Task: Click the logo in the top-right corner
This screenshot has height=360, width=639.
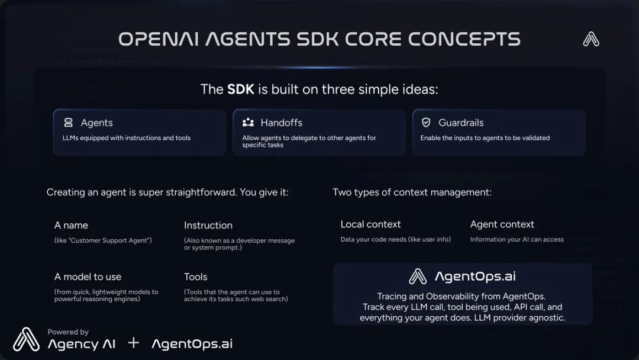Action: (591, 39)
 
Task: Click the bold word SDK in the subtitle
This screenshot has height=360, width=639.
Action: (240, 89)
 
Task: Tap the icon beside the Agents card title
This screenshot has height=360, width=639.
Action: (69, 123)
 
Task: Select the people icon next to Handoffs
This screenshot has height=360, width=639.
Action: (248, 123)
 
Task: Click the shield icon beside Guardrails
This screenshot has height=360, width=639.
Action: (426, 123)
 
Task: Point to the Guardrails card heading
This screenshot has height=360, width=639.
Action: (461, 123)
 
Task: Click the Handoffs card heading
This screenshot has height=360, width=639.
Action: (281, 123)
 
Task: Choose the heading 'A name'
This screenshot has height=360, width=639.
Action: (71, 226)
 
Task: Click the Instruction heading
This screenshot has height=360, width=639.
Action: (208, 226)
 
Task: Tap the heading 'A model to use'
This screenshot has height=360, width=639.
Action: (88, 277)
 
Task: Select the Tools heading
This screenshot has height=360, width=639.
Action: (196, 277)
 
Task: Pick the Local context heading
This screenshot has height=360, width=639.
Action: (370, 224)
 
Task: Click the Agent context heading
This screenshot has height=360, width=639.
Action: (502, 224)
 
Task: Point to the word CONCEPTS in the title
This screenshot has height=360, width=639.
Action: (464, 39)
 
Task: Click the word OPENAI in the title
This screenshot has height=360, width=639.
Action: (159, 39)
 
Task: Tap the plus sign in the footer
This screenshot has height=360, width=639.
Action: (133, 343)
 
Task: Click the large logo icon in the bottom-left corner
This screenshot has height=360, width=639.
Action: (26, 339)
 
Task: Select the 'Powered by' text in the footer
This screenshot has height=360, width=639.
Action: (68, 332)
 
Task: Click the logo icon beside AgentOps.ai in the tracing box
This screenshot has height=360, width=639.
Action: (418, 276)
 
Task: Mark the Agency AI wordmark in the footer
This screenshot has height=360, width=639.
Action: (82, 344)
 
